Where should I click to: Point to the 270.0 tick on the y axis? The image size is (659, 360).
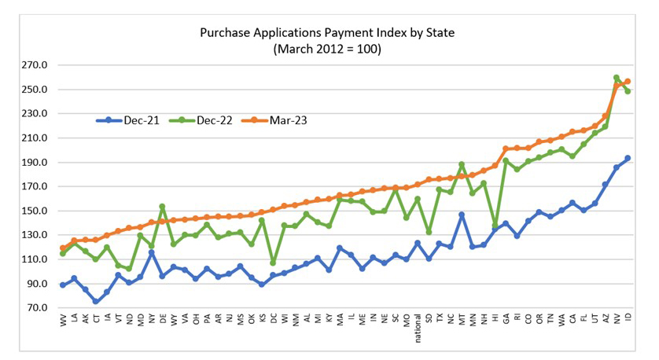click(x=37, y=65)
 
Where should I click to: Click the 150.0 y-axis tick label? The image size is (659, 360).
click(x=37, y=211)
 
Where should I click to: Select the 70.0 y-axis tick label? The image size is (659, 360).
click(x=37, y=308)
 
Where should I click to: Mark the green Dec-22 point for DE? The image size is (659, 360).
click(x=162, y=207)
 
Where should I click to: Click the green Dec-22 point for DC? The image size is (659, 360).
click(x=273, y=263)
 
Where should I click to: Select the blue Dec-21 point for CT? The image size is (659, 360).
click(x=96, y=301)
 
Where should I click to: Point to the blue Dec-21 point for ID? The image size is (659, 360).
click(x=628, y=158)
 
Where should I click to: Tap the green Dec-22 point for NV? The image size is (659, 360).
click(x=617, y=78)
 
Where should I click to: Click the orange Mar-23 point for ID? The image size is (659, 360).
click(x=628, y=82)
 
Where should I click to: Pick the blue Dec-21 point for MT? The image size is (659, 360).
click(x=462, y=215)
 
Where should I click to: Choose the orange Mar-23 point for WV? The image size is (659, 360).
click(x=63, y=248)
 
